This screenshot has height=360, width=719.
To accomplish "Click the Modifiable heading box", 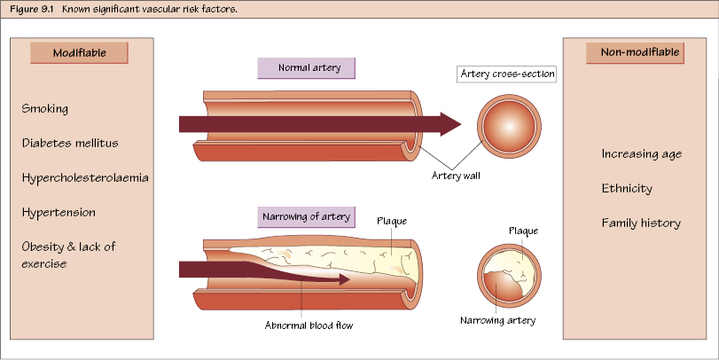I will coord(80,53).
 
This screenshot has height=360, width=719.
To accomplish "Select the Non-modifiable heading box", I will coord(634,53).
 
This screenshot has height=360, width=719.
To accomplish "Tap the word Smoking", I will coord(45,108).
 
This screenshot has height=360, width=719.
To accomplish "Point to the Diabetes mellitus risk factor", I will coord(70,143).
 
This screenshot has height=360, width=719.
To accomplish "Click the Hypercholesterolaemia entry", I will coord(85,177).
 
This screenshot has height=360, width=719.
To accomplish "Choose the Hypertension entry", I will coord(59,213).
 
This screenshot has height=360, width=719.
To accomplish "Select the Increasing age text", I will coord(641,153).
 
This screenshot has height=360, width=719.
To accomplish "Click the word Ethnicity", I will coord(627,188).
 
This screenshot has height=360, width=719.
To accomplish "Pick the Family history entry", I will coord(641,223).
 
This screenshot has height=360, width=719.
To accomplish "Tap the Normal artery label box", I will coord(303,68).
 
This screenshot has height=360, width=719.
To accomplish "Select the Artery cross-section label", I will coord(507,74).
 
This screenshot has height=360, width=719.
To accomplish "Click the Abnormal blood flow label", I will coord(309,325).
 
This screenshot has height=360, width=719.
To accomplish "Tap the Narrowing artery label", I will coord(498,319).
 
